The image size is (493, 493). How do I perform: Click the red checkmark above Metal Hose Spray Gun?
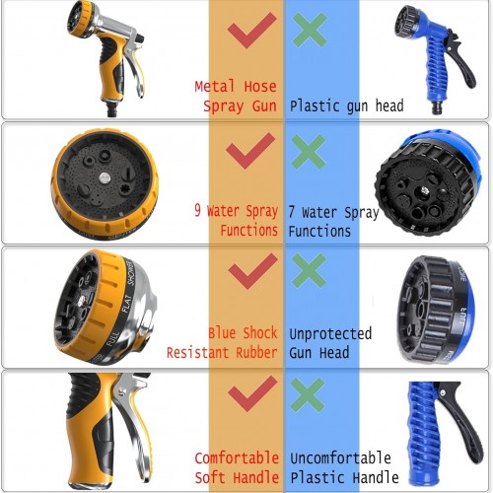coord(251,31)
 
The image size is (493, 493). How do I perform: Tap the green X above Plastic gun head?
coord(310,30)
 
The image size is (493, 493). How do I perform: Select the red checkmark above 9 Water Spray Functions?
coord(250,151)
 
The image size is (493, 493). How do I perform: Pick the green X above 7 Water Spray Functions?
coord(309,152)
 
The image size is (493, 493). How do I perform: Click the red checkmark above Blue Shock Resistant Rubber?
coord(253,271)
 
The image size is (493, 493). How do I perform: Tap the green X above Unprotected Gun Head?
coord(309,271)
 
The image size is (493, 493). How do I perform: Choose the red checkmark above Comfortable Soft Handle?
coord(252,393)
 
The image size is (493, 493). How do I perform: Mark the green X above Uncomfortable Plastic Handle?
coord(308,395)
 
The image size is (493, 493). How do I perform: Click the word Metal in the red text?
coord(215,86)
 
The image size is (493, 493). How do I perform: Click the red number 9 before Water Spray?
coord(197,210)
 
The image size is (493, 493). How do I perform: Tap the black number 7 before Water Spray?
coord(291,212)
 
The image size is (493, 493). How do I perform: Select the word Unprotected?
coord(330,333)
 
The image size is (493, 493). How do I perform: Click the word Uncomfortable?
coord(340,458)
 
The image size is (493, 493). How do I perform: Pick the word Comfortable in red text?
coord(237,458)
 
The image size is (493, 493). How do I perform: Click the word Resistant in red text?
coord(197,353)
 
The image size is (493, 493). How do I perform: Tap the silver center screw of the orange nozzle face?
coord(105,177)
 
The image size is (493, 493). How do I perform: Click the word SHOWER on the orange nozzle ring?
coord(131,272)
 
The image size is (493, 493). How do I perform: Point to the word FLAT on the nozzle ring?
coord(126,304)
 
